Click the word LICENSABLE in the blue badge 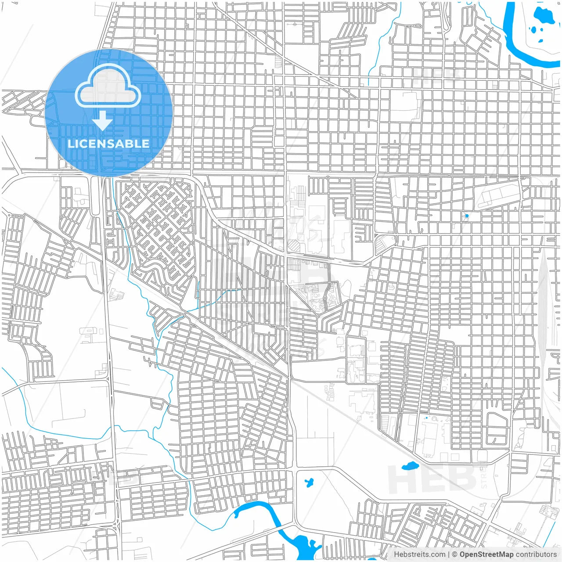tap(108, 144)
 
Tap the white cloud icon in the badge tap(108, 87)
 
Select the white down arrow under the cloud tap(102, 121)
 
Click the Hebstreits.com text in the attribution tap(419, 554)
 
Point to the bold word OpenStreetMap tap(486, 554)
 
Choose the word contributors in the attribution tap(536, 554)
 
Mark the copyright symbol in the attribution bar tap(455, 554)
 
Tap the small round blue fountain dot tap(467, 216)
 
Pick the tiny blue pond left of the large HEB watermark tap(309, 482)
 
